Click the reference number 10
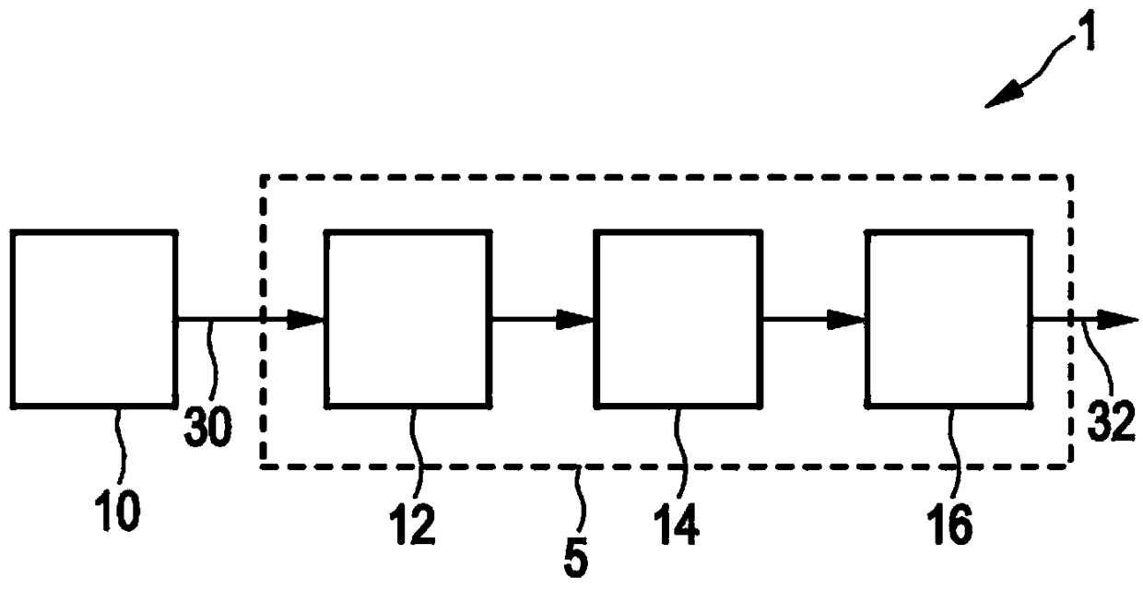pos(117,512)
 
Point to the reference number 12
pos(412,525)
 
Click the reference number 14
pos(676,525)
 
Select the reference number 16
pos(949,525)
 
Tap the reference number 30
pos(207,428)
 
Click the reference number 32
pos(1112,421)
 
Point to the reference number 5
pos(576,559)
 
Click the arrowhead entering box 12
pos(306,320)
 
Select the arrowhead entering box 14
pos(575,320)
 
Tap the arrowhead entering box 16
pos(846,320)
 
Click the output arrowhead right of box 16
pos(1117,320)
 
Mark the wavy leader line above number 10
pos(122,446)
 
